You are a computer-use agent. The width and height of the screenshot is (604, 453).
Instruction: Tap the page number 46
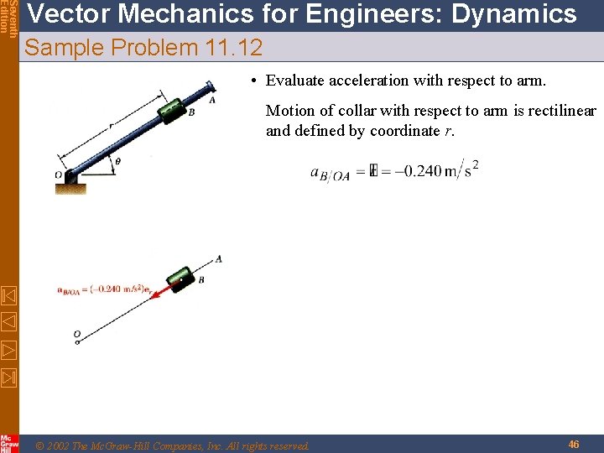(x=574, y=444)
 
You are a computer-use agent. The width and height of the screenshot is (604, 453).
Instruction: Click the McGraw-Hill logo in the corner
(x=9, y=443)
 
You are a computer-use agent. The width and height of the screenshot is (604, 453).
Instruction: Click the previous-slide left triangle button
(x=9, y=320)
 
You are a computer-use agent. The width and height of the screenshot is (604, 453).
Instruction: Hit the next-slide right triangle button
(x=9, y=350)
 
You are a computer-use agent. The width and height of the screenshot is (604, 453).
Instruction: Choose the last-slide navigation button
(x=9, y=378)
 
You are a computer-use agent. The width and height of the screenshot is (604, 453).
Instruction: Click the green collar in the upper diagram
(x=173, y=110)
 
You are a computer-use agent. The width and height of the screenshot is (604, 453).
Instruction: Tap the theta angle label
(x=117, y=161)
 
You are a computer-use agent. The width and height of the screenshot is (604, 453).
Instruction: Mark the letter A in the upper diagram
(x=212, y=99)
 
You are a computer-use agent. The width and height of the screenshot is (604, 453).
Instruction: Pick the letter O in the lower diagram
(x=76, y=335)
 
